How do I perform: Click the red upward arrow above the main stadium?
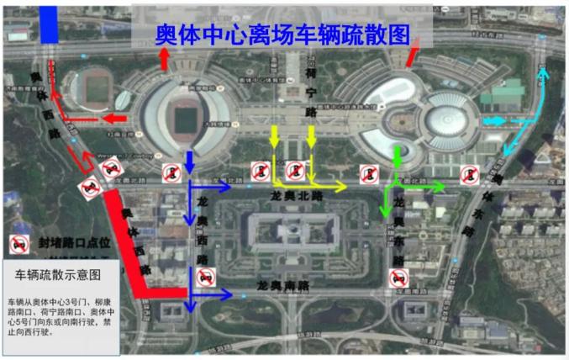click(x=165, y=57)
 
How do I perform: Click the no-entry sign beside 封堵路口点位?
click(x=17, y=243)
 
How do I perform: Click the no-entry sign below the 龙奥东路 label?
click(x=398, y=278)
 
